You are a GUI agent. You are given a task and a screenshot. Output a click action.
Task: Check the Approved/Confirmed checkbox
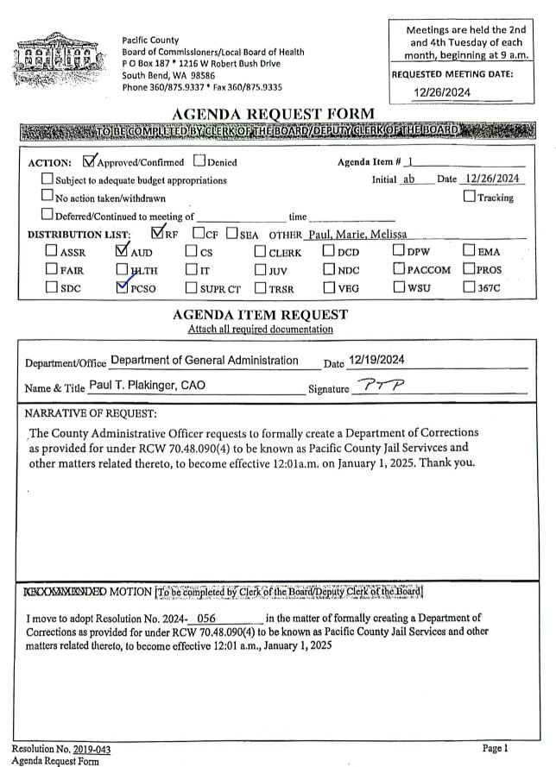89,160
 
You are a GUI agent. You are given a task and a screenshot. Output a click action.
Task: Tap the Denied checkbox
199,161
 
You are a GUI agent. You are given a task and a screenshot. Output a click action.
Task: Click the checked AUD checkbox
122,252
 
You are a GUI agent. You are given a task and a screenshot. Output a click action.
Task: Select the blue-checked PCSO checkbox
122,287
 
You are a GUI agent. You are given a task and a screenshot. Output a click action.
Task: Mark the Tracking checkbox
469,197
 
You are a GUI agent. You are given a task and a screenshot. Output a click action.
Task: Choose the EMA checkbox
469,252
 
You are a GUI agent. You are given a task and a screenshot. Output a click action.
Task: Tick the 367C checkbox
469,287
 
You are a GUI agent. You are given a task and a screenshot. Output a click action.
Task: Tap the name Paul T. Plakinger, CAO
147,386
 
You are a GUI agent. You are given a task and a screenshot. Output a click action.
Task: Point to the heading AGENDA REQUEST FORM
274,114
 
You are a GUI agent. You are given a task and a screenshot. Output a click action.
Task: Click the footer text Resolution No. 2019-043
60,749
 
